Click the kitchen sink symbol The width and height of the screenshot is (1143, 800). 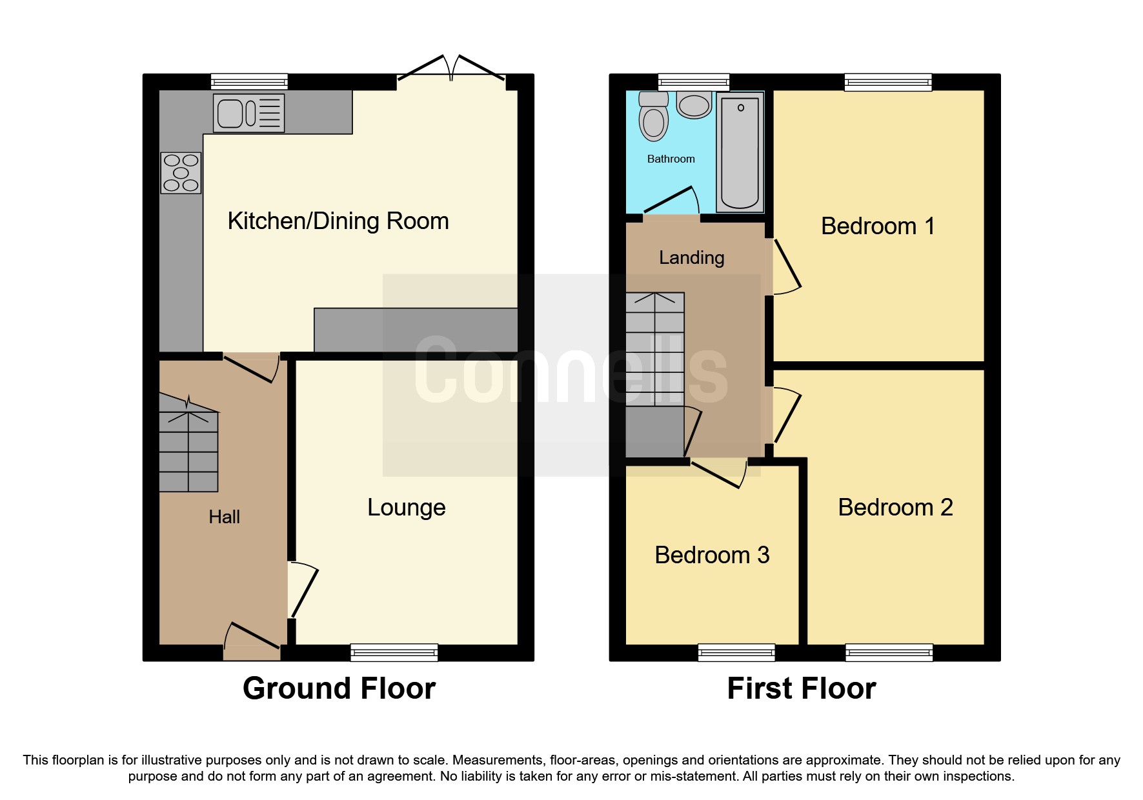click(x=249, y=114)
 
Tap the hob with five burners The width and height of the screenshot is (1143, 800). click(x=181, y=173)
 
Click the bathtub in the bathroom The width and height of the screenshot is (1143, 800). click(x=740, y=152)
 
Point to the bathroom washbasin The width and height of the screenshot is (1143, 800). click(x=694, y=105)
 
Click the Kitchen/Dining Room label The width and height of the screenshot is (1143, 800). click(x=338, y=221)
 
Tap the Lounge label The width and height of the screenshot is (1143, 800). click(x=406, y=508)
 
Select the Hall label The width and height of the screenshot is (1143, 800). click(x=224, y=517)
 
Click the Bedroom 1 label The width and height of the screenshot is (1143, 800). click(x=877, y=226)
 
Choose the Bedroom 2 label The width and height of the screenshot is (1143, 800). click(x=895, y=508)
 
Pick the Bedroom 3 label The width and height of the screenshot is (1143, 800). click(x=712, y=555)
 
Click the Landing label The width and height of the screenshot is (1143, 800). click(x=691, y=258)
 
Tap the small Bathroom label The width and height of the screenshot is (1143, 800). click(x=671, y=159)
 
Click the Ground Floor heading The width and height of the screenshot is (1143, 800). click(x=339, y=688)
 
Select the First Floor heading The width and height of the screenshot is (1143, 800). click(x=801, y=688)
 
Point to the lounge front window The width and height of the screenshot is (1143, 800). click(x=394, y=652)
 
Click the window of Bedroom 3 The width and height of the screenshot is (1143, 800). click(x=736, y=652)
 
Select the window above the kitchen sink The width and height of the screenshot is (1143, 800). click(x=249, y=81)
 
